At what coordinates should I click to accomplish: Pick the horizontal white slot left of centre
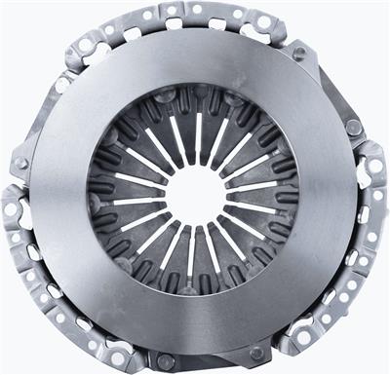pos(136,201)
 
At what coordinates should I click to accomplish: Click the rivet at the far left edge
pos(20,164)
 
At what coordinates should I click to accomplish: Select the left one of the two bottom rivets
pos(167,361)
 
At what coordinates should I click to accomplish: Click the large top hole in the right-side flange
pos(372,166)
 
